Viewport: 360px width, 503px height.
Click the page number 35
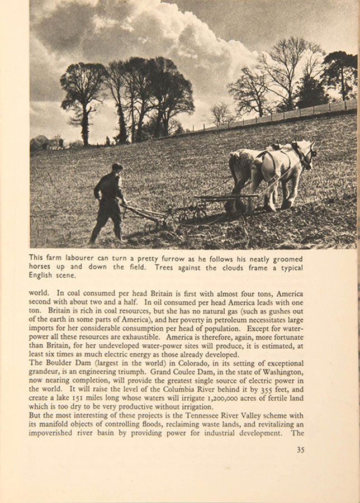pyautogui.click(x=300, y=449)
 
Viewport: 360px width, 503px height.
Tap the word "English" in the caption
pyautogui.click(x=41, y=275)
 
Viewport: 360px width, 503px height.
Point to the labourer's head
pyautogui.click(x=116, y=168)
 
